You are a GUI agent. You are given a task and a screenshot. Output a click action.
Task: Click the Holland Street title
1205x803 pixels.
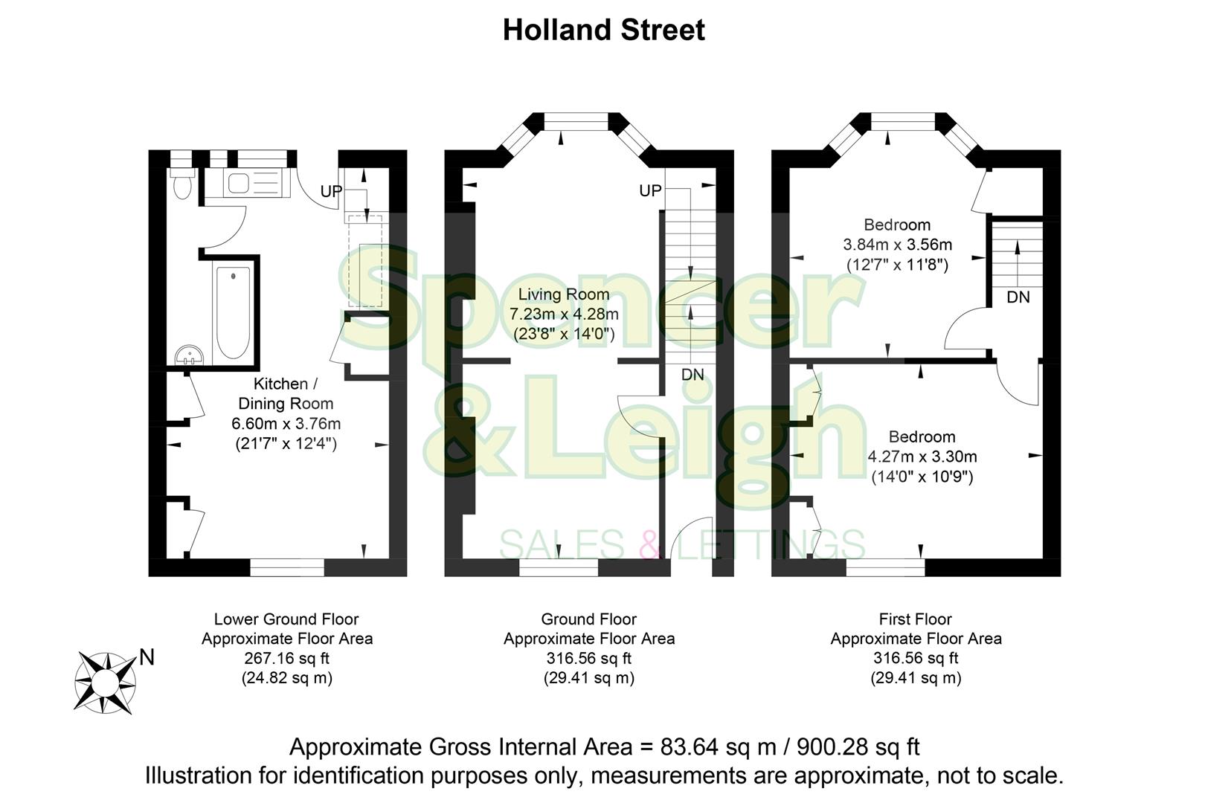click(603, 30)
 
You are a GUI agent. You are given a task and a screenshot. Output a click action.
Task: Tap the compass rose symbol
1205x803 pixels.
click(105, 681)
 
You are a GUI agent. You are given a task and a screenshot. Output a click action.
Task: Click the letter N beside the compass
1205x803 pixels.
click(147, 657)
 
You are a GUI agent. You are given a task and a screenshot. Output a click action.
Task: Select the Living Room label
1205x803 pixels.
click(563, 294)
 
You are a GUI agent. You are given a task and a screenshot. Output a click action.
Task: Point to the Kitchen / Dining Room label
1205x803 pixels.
click(285, 393)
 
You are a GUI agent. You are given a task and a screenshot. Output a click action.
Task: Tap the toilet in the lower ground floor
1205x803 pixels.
click(181, 184)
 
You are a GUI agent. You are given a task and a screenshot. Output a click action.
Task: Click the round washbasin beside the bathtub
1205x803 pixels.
click(190, 356)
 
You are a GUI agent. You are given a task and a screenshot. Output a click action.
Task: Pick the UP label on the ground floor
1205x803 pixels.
click(650, 191)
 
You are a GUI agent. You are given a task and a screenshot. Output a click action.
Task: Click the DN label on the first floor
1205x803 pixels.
click(1018, 297)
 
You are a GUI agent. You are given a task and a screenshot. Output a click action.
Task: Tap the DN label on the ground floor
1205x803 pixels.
click(693, 375)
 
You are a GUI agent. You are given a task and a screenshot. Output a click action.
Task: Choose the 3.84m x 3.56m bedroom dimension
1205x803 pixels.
click(897, 245)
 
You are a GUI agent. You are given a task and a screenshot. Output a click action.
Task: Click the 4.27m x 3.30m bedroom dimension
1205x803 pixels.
click(922, 457)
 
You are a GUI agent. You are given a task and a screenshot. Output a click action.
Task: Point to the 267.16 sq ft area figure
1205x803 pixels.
click(286, 658)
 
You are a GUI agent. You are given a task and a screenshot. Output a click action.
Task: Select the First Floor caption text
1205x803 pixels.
click(915, 619)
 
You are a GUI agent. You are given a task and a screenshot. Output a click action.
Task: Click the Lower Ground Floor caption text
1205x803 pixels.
click(286, 619)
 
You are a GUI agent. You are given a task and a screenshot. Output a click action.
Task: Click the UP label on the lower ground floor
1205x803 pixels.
click(331, 192)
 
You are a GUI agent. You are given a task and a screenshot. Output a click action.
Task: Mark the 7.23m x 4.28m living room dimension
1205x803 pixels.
click(564, 315)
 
